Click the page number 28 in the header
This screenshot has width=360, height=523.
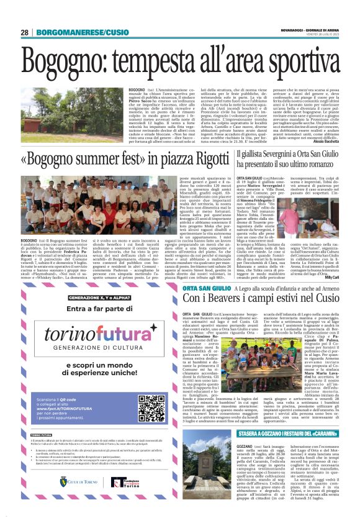tap(24, 32)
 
